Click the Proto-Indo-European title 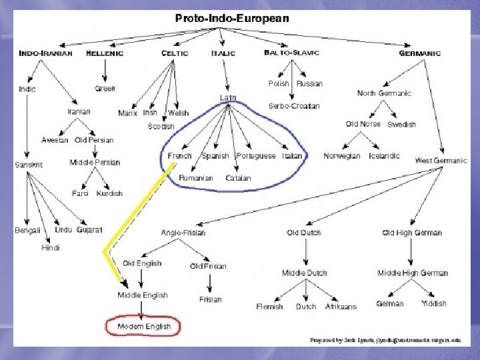coord(232,19)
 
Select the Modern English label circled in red coord(144,327)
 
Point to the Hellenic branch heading coord(105,53)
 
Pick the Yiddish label coord(434,304)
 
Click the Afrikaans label coord(341,307)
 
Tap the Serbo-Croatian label coord(294,106)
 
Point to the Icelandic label coord(384,156)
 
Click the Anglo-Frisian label coord(183,233)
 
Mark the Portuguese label coord(256,156)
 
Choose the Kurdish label coord(109,193)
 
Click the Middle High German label coord(413,273)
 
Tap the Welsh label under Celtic coord(178,113)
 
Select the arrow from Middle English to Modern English coord(141,309)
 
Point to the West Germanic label coord(441,161)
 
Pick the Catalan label coord(238,178)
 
